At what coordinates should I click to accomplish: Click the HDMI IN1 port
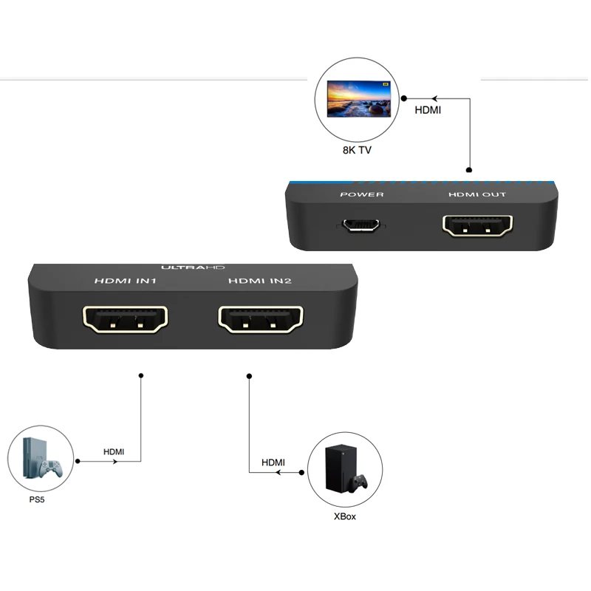tap(126, 319)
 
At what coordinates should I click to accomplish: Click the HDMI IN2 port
tap(261, 319)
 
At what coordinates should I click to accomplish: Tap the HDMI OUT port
tap(477, 225)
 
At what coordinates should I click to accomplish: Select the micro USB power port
tap(361, 225)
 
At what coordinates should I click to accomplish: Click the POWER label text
tap(361, 195)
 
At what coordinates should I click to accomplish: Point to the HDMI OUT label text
tap(477, 195)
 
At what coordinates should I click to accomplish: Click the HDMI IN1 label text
tap(125, 281)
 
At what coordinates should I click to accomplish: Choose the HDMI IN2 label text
tap(261, 281)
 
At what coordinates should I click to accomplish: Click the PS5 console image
tap(41, 460)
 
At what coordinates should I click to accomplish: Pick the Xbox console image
tap(344, 468)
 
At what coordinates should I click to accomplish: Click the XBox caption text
tap(344, 516)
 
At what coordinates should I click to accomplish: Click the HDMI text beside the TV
tap(428, 112)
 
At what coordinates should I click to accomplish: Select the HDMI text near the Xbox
tap(273, 462)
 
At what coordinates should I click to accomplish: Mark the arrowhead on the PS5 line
tap(115, 462)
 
